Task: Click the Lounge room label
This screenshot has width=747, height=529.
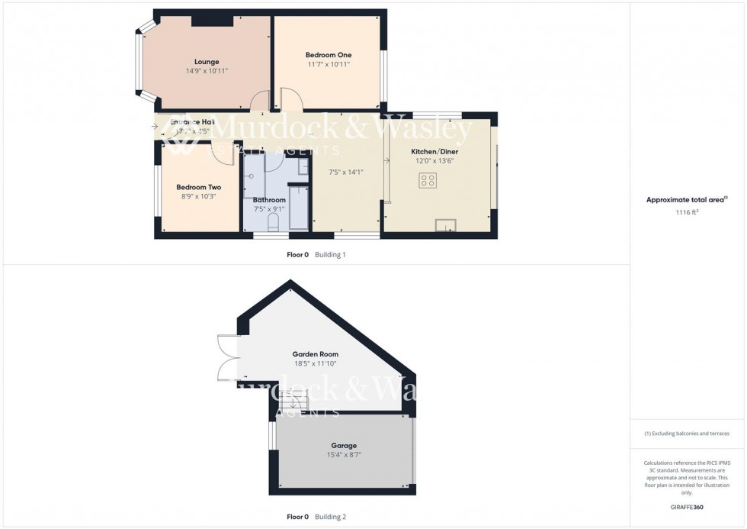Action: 207,62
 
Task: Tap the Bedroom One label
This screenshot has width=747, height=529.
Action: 329,55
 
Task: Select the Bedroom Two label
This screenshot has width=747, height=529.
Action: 198,187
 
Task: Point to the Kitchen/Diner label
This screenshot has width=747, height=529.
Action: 434,152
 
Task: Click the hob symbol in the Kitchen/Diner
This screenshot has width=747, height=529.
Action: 428,181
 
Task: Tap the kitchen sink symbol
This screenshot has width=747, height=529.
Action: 445,224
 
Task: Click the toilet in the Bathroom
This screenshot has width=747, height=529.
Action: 274,221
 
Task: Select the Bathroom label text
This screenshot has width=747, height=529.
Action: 269,200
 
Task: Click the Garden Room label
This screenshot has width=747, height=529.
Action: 316,354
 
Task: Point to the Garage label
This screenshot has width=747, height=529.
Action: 343,446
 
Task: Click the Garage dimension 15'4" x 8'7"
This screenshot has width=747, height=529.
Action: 344,455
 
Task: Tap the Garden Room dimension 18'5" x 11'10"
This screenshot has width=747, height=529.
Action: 316,363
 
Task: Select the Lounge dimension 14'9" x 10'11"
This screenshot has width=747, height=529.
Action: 207,71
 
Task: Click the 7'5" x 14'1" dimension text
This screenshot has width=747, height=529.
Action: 345,173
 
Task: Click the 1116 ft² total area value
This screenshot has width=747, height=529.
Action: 687,212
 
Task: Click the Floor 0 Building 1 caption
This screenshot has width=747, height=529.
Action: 316,254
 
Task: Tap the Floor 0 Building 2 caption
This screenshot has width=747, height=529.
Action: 316,517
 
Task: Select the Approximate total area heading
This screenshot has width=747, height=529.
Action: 685,200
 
